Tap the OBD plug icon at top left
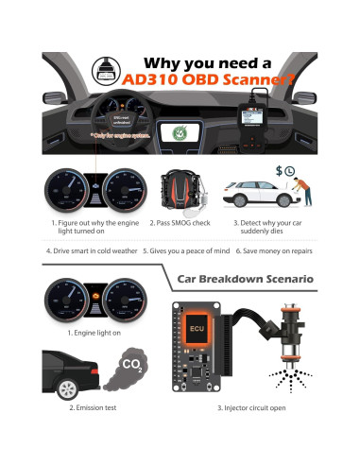click(x=101, y=68)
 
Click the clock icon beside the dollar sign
click(x=291, y=171)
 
